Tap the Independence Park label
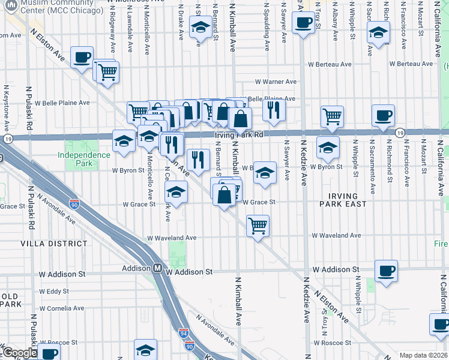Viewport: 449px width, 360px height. [84, 155]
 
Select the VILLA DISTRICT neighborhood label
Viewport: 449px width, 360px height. [54, 244]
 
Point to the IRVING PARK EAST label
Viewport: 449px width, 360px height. [343, 200]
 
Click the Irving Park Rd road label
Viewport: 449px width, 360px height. [240, 136]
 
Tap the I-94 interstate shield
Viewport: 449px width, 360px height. [183, 333]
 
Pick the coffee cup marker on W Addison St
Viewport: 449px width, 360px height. [386, 269]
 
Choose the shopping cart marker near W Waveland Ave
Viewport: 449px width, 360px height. [258, 226]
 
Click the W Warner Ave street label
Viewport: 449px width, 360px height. [276, 82]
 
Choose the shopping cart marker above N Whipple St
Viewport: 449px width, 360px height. [331, 116]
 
